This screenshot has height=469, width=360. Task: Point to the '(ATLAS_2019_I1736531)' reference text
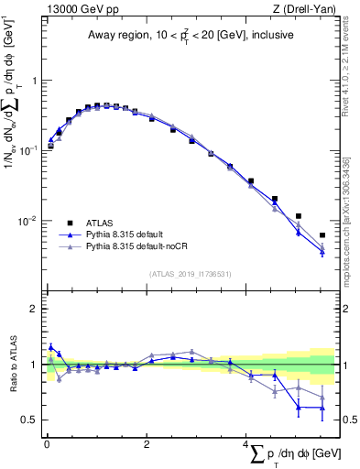click(x=190, y=274)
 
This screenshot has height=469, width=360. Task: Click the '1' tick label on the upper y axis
click(x=34, y=81)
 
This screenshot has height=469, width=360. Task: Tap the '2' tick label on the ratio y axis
click(x=34, y=309)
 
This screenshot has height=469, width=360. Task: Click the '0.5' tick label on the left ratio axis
click(x=29, y=420)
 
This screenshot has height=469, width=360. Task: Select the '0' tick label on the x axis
click(x=46, y=444)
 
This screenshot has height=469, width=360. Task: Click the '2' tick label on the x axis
click(x=146, y=444)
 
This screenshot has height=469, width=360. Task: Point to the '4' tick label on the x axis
click(x=245, y=444)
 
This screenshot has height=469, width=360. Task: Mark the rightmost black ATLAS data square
click(x=322, y=235)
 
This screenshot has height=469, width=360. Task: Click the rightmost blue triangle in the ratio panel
click(x=322, y=407)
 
